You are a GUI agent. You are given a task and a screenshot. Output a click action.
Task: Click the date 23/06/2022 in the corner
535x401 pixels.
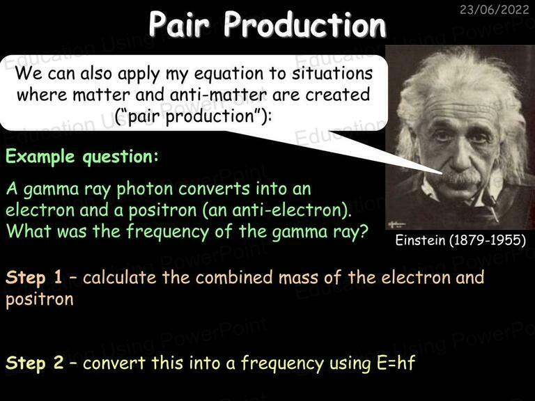click(494, 9)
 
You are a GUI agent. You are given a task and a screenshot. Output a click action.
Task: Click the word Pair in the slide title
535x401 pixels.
click(179, 24)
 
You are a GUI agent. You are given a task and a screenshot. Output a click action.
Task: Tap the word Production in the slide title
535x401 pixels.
click(304, 24)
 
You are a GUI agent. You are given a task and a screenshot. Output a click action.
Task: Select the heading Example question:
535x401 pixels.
click(82, 157)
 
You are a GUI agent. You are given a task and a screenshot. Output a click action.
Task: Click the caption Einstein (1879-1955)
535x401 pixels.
click(460, 240)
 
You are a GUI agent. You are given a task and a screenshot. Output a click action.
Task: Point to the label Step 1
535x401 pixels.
click(33, 277)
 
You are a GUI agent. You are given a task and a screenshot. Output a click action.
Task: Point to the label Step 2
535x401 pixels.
click(34, 363)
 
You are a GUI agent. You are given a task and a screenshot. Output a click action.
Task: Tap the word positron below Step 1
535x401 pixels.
click(40, 299)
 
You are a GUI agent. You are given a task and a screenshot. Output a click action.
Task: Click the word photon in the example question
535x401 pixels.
click(145, 189)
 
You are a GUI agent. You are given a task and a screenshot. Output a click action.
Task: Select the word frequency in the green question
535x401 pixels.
click(167, 232)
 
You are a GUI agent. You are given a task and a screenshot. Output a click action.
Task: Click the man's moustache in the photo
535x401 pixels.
click(463, 178)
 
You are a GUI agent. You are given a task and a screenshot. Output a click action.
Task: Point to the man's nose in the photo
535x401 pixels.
click(460, 155)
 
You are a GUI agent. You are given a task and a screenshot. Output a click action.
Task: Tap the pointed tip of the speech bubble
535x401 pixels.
click(442, 173)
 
